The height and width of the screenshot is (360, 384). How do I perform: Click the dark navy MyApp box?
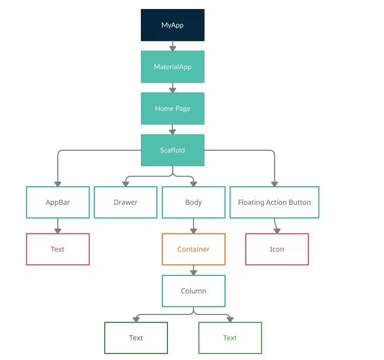point(172,25)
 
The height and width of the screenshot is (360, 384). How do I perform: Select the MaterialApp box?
point(172,67)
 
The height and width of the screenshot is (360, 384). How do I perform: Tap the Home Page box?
point(172,108)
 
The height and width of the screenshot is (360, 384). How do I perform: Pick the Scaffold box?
point(172,150)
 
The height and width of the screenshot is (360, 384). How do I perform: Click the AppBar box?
point(58,202)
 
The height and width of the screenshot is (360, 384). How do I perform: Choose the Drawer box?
point(125,202)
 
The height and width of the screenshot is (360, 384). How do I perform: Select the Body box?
point(194,202)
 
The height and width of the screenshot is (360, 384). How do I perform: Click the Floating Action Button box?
point(274,202)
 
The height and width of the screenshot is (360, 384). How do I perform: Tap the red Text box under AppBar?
point(58,249)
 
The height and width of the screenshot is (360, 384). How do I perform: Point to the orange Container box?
point(194,249)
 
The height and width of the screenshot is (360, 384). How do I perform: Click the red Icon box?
point(277,249)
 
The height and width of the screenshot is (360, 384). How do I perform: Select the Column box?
point(194,291)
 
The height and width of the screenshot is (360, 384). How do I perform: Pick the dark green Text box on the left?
point(136,338)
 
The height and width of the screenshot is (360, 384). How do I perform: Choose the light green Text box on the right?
point(230,338)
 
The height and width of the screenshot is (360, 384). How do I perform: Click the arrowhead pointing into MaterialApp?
point(172,48)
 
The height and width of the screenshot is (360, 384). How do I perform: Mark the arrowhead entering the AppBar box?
point(58,184)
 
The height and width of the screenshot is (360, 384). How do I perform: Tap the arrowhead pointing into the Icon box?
point(277,231)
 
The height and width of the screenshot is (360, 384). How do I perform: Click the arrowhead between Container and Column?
point(194,272)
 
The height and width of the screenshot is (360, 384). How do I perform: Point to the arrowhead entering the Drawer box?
point(125,184)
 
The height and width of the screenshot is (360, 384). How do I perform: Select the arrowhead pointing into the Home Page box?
point(172,90)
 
